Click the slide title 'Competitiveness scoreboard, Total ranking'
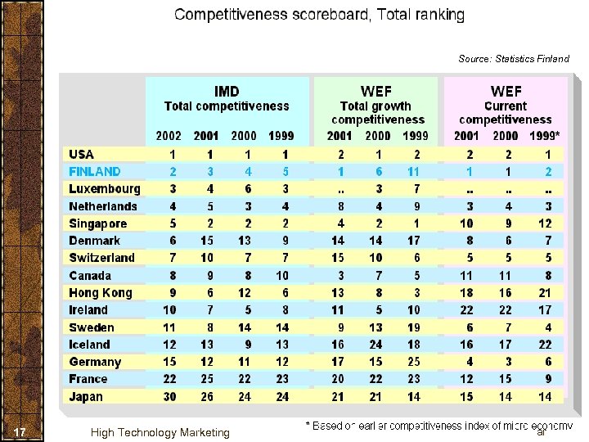(319, 15)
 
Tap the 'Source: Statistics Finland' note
(513, 59)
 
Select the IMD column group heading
(227, 90)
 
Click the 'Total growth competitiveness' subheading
(376, 113)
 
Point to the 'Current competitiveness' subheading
(505, 113)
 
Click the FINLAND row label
(95, 171)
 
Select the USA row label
(82, 154)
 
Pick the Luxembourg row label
(105, 188)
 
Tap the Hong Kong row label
(101, 292)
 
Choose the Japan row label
(86, 396)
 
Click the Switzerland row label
(102, 258)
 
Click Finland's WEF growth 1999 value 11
(414, 171)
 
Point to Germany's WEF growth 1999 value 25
(414, 362)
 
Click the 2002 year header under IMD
(169, 136)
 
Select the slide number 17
(22, 431)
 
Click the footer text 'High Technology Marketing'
(160, 432)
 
